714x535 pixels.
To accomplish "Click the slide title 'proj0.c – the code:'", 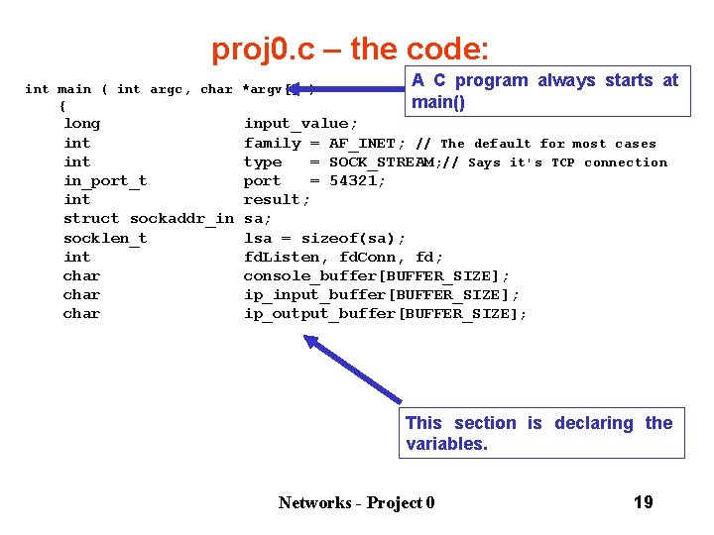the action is (x=349, y=49).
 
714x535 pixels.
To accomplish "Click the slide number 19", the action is (x=643, y=502).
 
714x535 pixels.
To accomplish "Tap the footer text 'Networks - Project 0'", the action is (x=356, y=503).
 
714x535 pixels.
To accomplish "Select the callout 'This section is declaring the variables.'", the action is (x=541, y=433).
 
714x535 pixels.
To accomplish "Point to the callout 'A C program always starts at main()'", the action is (x=544, y=91).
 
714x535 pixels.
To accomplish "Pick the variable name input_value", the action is (x=296, y=124).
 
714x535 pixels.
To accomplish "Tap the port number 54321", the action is (x=357, y=181).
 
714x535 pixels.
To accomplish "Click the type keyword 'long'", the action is (x=81, y=124).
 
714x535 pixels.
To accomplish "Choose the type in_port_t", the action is (x=105, y=181).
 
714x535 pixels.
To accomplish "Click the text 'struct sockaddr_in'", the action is (x=149, y=219).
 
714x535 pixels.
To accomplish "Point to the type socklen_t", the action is (x=105, y=238).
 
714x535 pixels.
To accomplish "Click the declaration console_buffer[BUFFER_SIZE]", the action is (x=377, y=275).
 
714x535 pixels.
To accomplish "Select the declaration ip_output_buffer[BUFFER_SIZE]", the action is (x=385, y=314).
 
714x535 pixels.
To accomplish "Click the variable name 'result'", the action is (x=275, y=200).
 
